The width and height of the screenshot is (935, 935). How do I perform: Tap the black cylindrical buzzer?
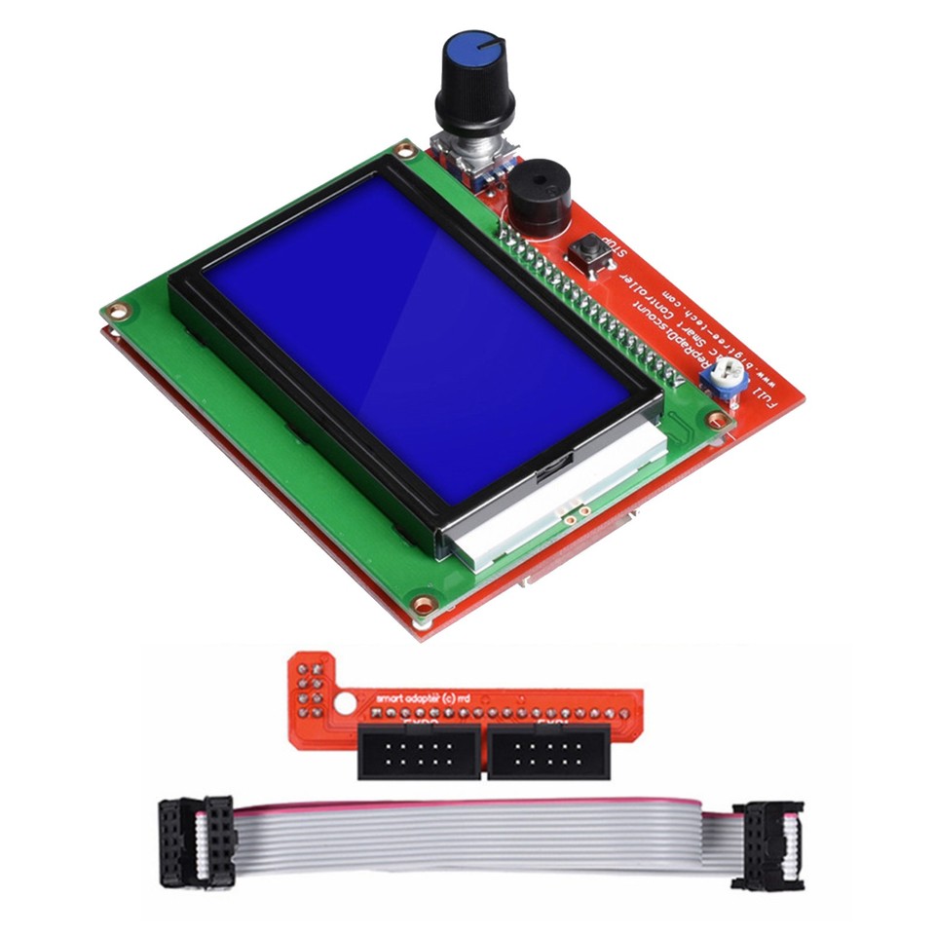coord(533,200)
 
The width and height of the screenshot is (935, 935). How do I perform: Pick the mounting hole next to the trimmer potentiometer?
coord(718,421)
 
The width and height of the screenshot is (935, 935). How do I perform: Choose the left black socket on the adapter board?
coord(420,751)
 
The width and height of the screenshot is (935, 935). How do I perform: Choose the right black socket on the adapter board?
coord(549,751)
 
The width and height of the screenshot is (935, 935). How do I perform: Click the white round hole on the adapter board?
coord(343,702)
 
